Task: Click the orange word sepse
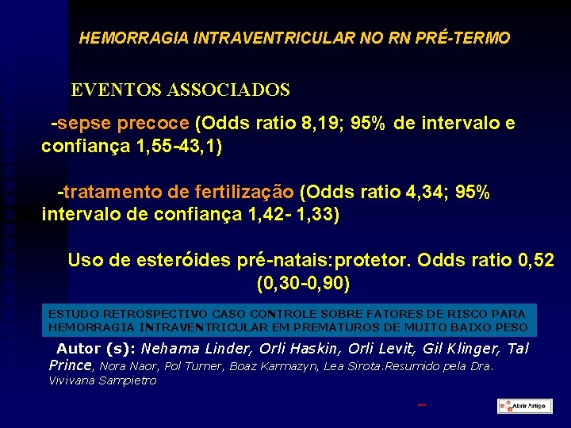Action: click(x=84, y=124)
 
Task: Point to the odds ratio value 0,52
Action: click(x=534, y=260)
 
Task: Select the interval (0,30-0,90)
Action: click(x=304, y=282)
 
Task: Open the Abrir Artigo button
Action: click(x=524, y=406)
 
